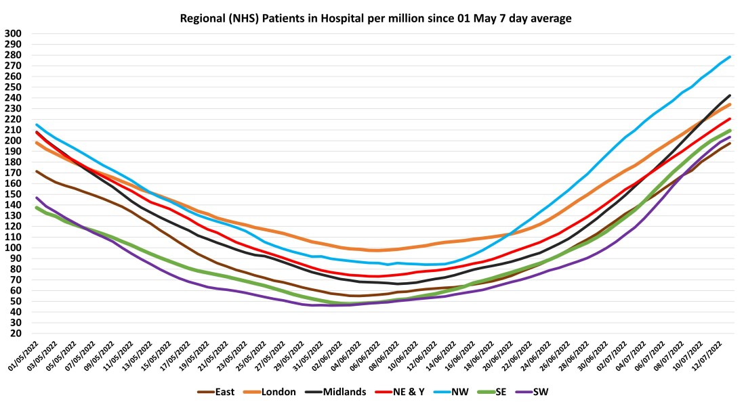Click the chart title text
tap(375, 18)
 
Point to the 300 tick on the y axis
tap(13, 33)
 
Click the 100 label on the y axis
tap(13, 248)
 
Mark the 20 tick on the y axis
tap(16, 334)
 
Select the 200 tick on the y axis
tap(13, 141)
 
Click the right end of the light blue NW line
tap(730, 57)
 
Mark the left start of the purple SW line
tap(37, 198)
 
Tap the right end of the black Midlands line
tap(730, 95)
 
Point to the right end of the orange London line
tap(730, 104)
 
